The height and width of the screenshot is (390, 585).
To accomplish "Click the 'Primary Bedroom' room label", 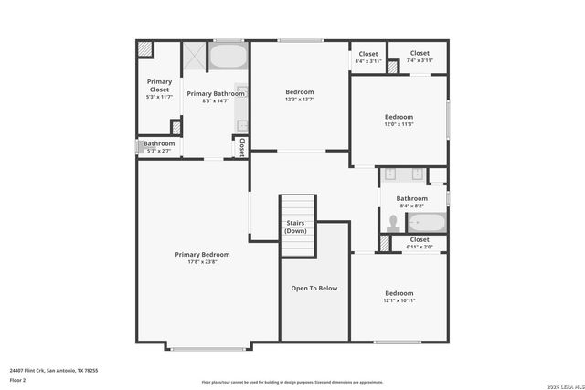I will [x=202, y=255].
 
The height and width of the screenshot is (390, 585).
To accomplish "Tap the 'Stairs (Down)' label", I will [x=296, y=227].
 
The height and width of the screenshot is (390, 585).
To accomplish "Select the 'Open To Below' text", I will [x=314, y=289].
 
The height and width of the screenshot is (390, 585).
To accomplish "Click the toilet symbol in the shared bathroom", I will [x=394, y=222].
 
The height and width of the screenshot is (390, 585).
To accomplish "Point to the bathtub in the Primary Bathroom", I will [x=228, y=57].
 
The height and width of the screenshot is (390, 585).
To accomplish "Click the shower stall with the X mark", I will [x=194, y=57].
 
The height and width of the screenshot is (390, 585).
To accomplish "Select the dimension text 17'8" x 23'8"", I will [x=202, y=263].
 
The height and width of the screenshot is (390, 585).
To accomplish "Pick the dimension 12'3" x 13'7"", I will [x=300, y=100].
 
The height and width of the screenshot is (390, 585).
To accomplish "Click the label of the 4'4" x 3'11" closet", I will [x=368, y=54].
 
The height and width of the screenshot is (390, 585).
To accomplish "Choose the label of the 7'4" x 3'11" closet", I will [x=420, y=53].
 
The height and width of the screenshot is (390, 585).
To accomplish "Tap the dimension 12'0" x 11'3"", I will [x=399, y=125].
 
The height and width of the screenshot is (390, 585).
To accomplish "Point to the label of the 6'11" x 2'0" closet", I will [x=420, y=240].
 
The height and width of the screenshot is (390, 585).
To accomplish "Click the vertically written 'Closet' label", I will [x=242, y=147].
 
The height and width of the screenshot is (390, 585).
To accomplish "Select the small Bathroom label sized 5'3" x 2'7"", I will [x=158, y=143].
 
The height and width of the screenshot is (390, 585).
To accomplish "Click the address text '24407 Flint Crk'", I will [x=27, y=371].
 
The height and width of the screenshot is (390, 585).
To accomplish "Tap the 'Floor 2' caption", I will [x=17, y=380].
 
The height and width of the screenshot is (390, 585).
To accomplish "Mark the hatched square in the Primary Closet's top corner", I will [x=144, y=48].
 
